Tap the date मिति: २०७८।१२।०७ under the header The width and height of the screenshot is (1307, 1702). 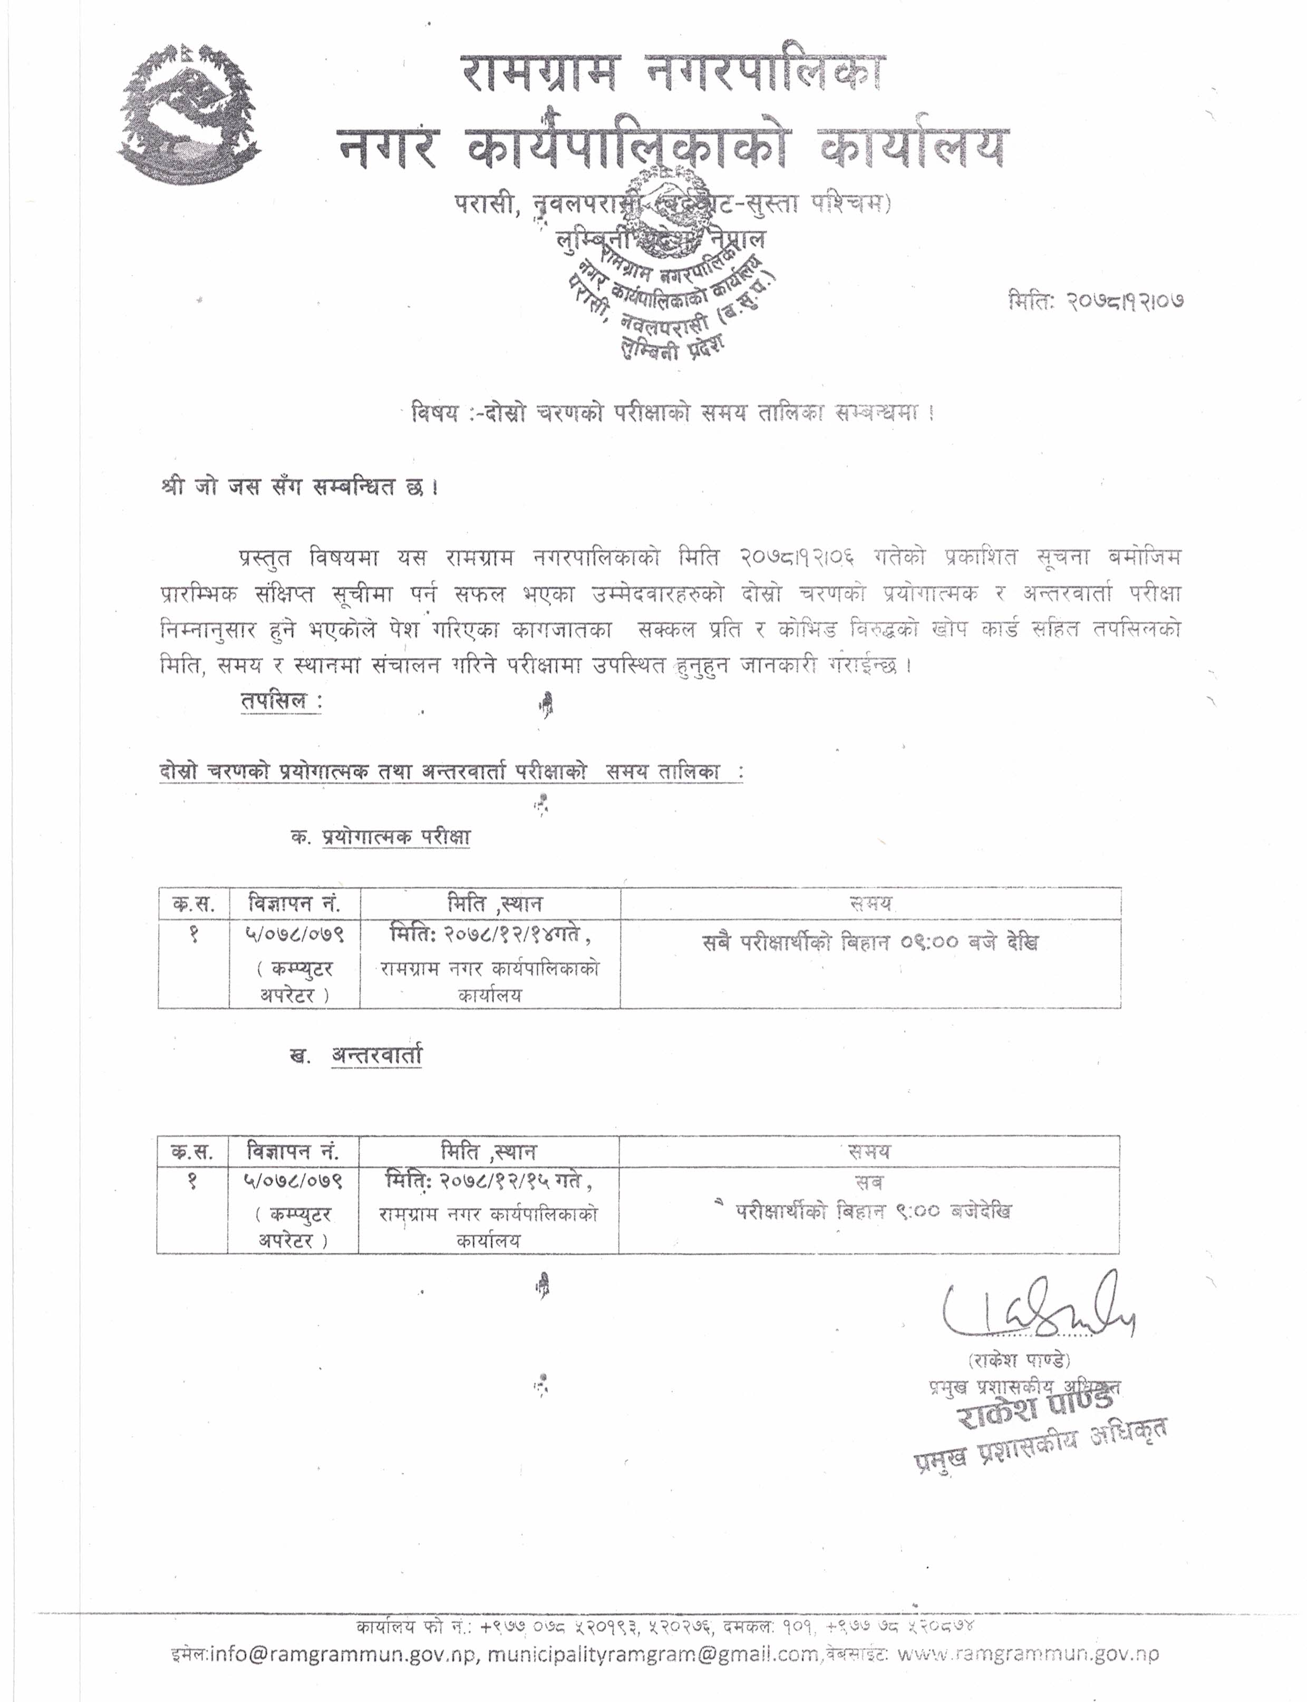[x=1096, y=301]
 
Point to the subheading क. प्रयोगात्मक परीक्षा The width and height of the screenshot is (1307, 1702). [x=381, y=837]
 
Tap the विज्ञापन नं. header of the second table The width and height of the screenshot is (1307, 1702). [x=293, y=1151]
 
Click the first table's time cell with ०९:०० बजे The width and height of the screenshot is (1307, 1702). [x=870, y=943]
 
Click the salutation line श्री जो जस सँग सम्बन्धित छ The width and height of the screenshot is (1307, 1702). [x=299, y=488]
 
